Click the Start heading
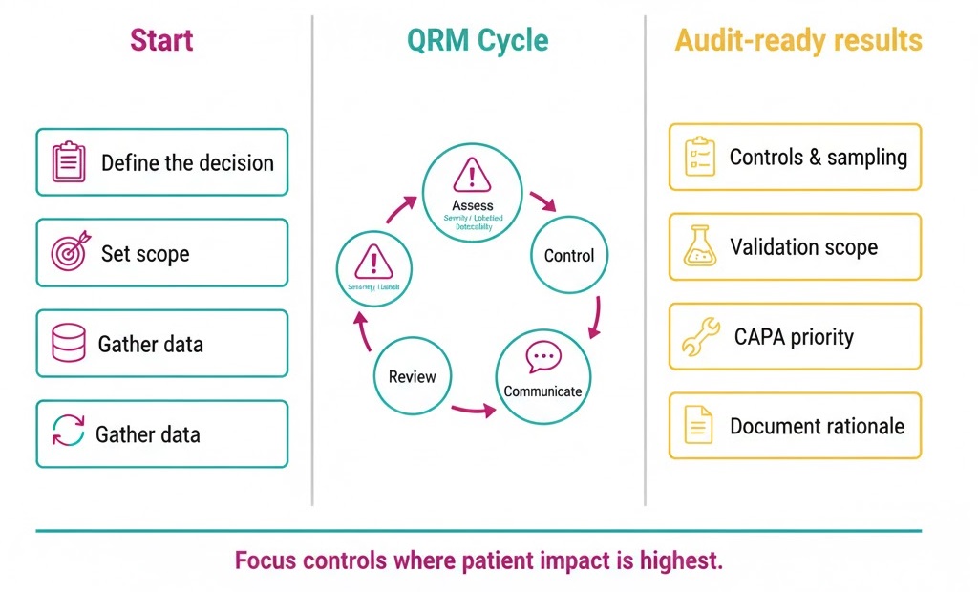(x=161, y=41)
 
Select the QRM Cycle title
(x=478, y=41)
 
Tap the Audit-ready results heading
(x=798, y=41)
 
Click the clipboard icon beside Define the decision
(x=68, y=161)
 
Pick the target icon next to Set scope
(x=69, y=253)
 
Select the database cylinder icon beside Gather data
(x=68, y=344)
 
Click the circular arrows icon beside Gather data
(x=68, y=433)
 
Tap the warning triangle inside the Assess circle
(x=472, y=177)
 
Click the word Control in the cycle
(x=568, y=256)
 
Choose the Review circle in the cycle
(x=412, y=376)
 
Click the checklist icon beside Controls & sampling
(x=700, y=157)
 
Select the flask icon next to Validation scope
(x=700, y=246)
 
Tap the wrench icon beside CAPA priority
(x=700, y=337)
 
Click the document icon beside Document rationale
(x=700, y=426)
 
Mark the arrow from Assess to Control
(x=542, y=201)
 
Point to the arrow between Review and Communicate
(x=473, y=409)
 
